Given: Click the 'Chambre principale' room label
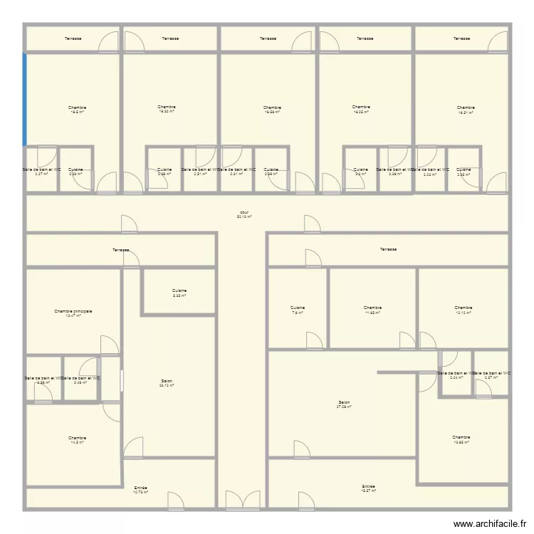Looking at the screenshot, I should point(73,311).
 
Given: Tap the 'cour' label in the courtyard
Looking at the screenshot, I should point(244,213).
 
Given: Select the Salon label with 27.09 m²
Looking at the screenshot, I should point(344,404).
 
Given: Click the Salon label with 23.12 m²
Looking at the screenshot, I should point(167,382).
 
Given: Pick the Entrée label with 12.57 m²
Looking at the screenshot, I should point(367,488).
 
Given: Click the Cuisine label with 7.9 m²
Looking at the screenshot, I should point(297,309).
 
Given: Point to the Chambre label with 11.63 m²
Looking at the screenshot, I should point(373,309).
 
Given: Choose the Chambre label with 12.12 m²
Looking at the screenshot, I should point(463,309).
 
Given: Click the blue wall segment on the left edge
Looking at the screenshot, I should point(25,99).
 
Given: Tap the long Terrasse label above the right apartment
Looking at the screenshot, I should point(388,249).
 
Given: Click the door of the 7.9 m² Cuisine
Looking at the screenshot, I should point(313,341).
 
